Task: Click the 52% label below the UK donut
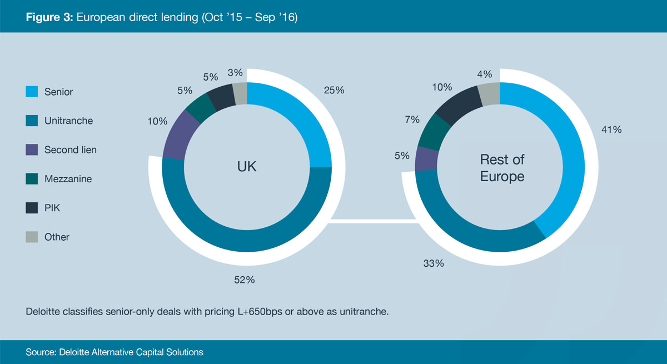coord(245,280)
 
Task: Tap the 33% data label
coord(433,263)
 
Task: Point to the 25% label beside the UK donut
coord(333,90)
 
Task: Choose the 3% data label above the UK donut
coord(235,73)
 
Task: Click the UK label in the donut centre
coord(247,166)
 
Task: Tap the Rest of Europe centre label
coord(502,168)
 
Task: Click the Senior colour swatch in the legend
coord(31,92)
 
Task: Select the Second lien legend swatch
coord(31,149)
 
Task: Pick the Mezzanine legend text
coord(68,179)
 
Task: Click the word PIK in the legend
coord(52,208)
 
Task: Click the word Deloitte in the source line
coord(72,352)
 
